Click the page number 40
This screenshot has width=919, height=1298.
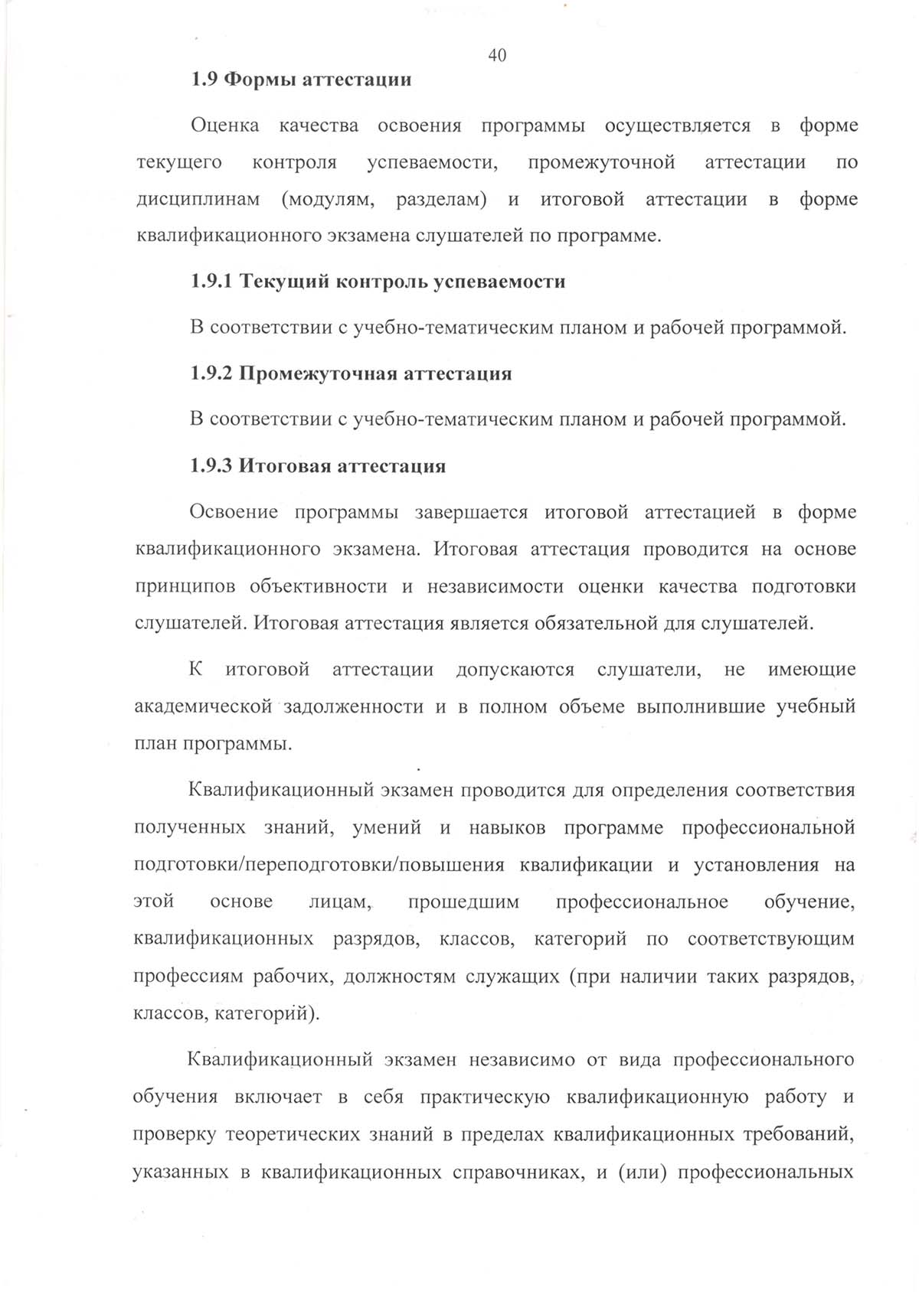pos(496,56)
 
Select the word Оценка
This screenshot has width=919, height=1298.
pos(224,126)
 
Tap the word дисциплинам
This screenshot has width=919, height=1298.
pos(198,201)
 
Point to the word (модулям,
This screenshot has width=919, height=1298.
pos(328,201)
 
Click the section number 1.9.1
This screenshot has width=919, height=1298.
pos(211,282)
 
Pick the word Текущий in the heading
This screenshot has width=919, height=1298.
pos(274,282)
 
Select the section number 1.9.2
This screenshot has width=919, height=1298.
pos(211,374)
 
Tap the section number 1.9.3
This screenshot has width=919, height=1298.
pos(211,466)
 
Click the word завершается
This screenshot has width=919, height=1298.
pos(471,513)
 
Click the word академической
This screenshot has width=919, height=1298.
pos(203,707)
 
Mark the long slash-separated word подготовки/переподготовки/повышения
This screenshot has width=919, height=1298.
pos(319,866)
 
